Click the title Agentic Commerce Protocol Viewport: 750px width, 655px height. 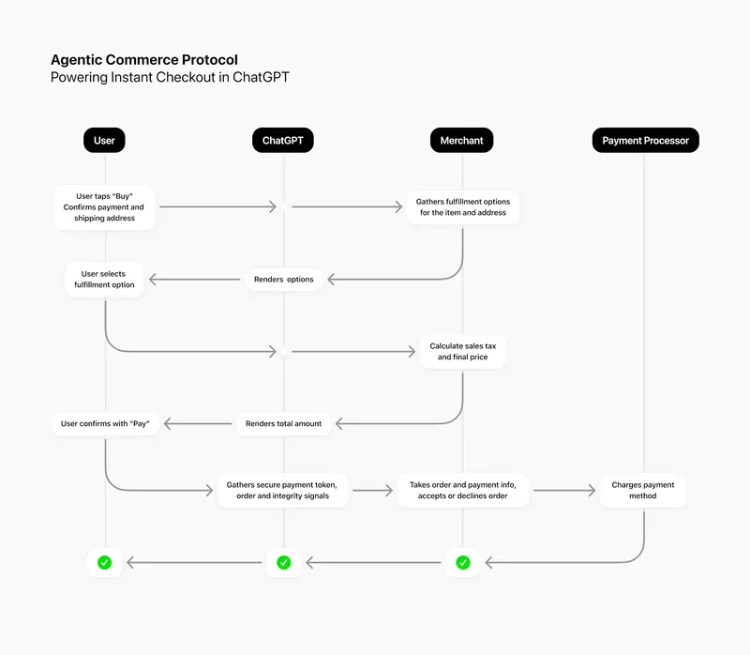pyautogui.click(x=143, y=60)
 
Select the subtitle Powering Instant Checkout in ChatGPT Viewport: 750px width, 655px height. pyautogui.click(x=170, y=78)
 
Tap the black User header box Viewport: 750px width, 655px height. pyautogui.click(x=104, y=141)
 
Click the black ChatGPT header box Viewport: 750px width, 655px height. pyautogui.click(x=282, y=141)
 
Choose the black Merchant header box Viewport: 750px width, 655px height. pyautogui.click(x=461, y=141)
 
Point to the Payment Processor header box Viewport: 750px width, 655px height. pyautogui.click(x=645, y=141)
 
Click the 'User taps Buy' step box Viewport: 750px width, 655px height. pyautogui.click(x=104, y=206)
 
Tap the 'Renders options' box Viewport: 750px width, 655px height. pyautogui.click(x=283, y=280)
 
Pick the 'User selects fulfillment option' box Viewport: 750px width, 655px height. pyautogui.click(x=104, y=279)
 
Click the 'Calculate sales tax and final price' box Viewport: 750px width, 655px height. pyautogui.click(x=462, y=351)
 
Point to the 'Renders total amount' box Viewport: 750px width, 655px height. pyautogui.click(x=283, y=423)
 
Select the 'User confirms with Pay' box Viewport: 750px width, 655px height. pyautogui.click(x=105, y=423)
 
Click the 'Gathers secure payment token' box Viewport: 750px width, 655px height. pyautogui.click(x=283, y=490)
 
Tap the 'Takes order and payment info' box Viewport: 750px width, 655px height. pyautogui.click(x=462, y=490)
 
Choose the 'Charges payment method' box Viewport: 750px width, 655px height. pyautogui.click(x=643, y=490)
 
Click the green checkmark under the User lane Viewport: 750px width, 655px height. pyautogui.click(x=105, y=563)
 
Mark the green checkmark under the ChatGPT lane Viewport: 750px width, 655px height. pyautogui.click(x=283, y=563)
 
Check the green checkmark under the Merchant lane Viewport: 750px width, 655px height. pyautogui.click(x=462, y=563)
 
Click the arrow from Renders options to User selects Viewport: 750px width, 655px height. pyautogui.click(x=195, y=280)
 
